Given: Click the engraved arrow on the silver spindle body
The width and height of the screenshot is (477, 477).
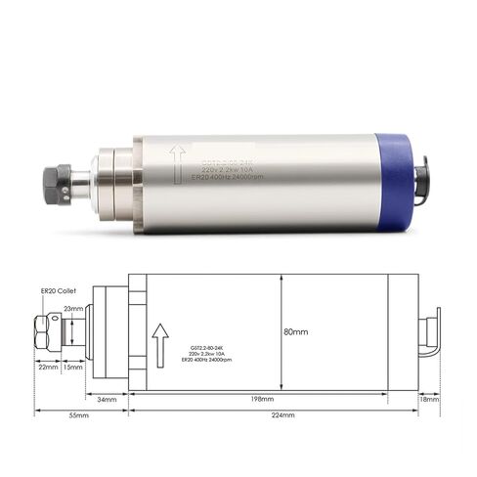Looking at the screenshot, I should click(177, 162).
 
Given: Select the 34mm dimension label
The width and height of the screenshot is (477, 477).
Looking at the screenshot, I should click(108, 399).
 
